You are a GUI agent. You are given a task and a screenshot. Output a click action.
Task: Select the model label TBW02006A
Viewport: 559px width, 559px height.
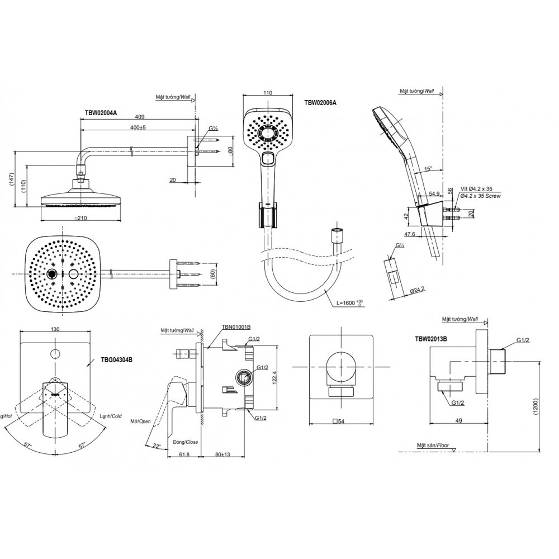coord(321,102)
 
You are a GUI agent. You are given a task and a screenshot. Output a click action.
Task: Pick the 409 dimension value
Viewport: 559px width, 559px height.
coord(140,117)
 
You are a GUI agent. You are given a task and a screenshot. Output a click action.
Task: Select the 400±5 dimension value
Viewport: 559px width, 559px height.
coord(136,129)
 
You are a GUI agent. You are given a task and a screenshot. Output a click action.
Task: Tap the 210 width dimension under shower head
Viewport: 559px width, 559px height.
coord(82,218)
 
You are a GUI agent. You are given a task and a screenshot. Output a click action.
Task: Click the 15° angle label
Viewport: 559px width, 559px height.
coord(429,168)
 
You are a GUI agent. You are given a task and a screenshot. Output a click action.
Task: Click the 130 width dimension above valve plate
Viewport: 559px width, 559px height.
coord(55,330)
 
